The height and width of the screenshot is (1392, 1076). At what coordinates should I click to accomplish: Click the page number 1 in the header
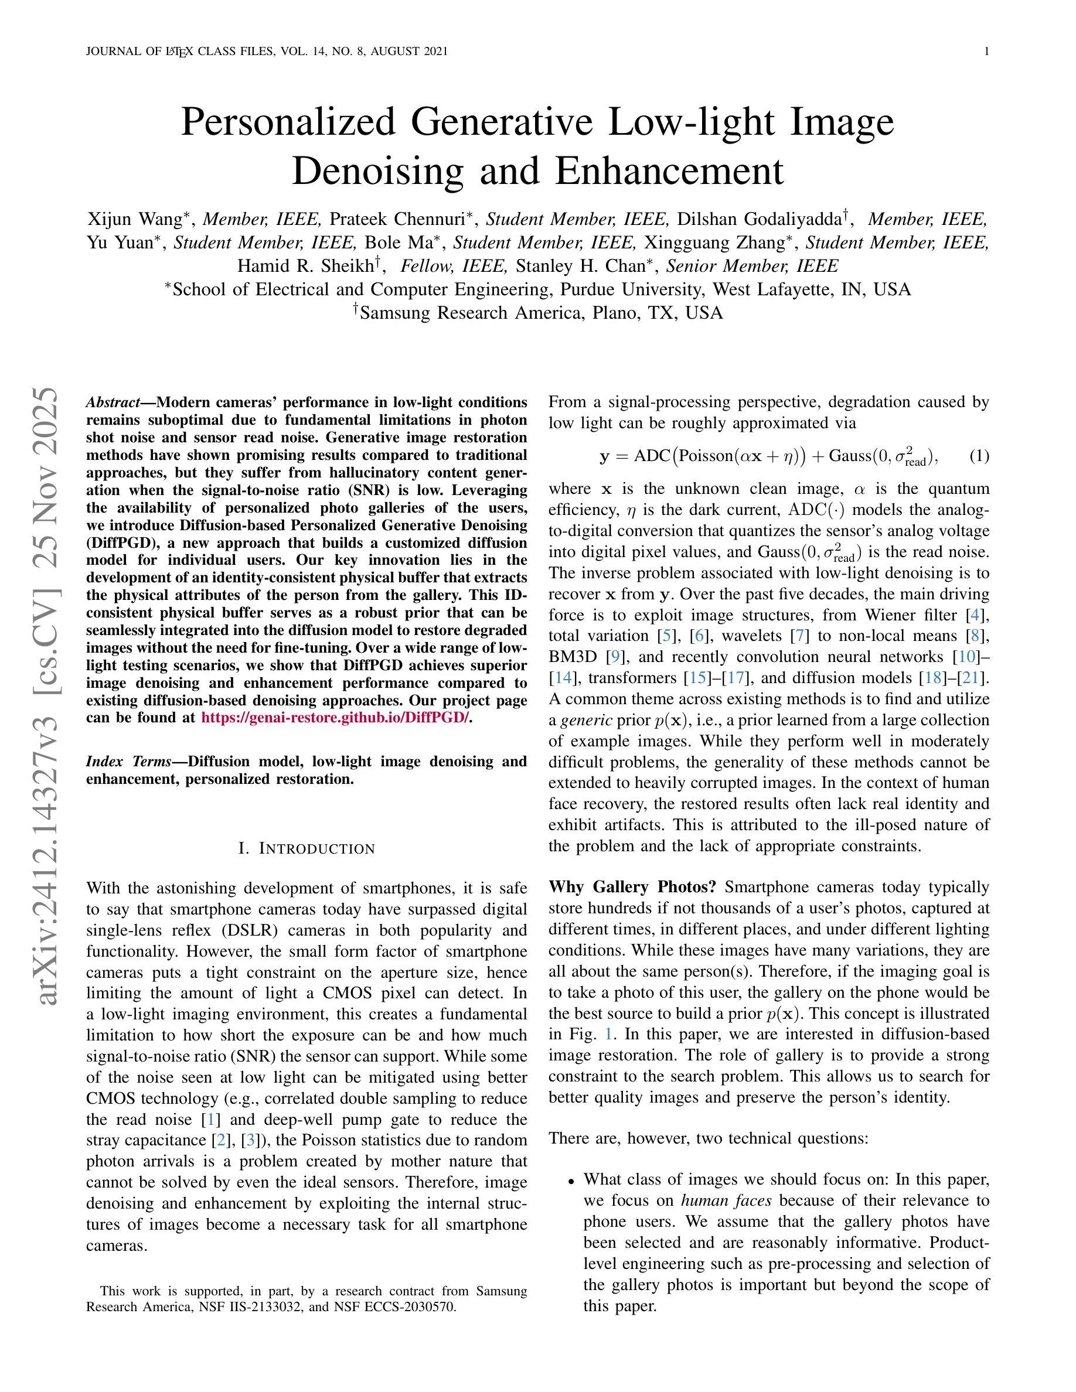986,52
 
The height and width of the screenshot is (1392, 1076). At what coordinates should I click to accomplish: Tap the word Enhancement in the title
669,171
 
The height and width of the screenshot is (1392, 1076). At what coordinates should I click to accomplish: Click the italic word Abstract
113,403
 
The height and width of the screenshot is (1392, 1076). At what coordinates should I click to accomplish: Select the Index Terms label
128,762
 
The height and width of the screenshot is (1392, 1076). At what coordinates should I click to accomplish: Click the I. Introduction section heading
307,849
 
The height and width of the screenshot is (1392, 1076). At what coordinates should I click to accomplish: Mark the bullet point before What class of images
572,1181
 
